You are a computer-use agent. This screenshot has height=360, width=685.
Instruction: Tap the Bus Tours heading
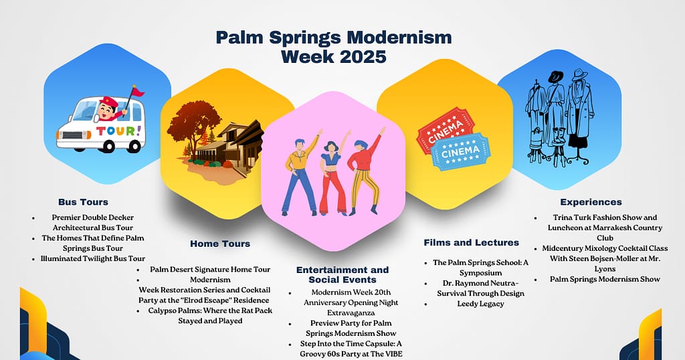point(83,201)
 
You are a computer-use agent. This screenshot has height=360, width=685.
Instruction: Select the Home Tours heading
point(220,244)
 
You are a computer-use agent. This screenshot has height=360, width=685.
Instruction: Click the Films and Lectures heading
point(471,242)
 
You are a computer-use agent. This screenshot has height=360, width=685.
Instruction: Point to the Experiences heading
point(591,201)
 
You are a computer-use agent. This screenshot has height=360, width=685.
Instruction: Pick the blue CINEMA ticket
point(461,151)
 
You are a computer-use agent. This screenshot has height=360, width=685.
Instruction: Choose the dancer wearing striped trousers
point(365,170)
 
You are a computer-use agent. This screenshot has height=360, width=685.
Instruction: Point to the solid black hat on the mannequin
point(556,77)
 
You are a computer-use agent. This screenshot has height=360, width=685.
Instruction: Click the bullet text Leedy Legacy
point(480,304)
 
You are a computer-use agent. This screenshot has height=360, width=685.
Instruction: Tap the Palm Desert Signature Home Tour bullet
point(210,269)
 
